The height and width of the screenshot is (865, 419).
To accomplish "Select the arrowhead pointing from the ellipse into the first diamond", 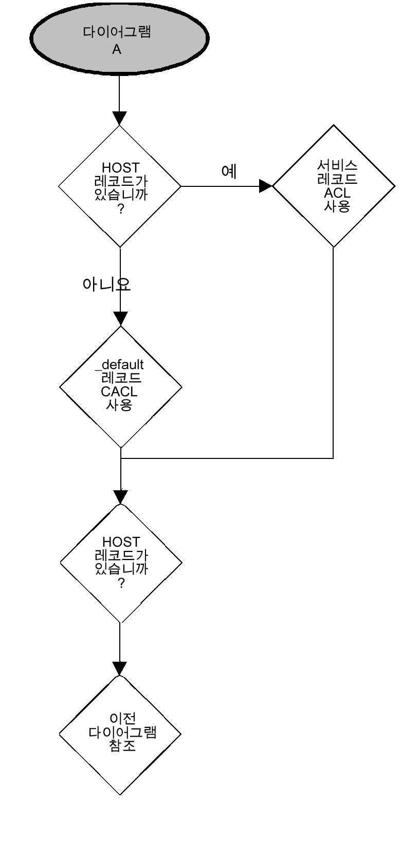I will pyautogui.click(x=119, y=118).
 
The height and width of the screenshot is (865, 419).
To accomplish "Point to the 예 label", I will pyautogui.click(x=229, y=171).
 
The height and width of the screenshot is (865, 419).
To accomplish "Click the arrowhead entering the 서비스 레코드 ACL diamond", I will pyautogui.click(x=265, y=186).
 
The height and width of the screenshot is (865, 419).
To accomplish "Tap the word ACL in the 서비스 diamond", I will pyautogui.click(x=337, y=193).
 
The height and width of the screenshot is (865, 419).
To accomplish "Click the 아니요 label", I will pyautogui.click(x=106, y=284).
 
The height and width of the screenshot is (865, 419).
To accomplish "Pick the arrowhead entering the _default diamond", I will pyautogui.click(x=120, y=318).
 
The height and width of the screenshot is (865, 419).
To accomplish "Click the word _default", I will pyautogui.click(x=120, y=364).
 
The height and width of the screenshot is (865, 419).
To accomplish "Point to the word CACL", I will pyautogui.click(x=119, y=391).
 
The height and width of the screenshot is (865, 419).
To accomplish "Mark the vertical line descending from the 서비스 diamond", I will pyautogui.click(x=333, y=354).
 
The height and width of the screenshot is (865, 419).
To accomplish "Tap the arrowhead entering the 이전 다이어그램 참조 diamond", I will pyautogui.click(x=120, y=668).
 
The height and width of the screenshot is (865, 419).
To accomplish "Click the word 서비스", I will pyautogui.click(x=337, y=166).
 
